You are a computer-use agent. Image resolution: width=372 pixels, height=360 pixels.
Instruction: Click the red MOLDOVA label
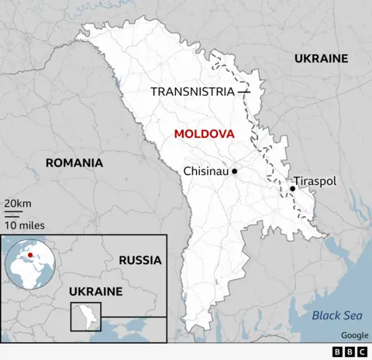pos(204,134)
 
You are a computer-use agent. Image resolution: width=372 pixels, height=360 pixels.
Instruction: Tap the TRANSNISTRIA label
pos(192,92)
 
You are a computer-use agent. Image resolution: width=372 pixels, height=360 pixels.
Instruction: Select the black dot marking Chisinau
pos(234,171)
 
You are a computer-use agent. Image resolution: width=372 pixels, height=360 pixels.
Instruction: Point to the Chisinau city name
pos(205,171)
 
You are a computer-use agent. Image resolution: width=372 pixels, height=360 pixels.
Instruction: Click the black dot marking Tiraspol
pos(293,188)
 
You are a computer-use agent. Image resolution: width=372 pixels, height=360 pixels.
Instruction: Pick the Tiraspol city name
pos(316,180)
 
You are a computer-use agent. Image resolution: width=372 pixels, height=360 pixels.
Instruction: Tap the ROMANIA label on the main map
pos(74,163)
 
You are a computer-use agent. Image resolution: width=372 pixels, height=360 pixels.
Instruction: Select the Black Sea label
pos(336,315)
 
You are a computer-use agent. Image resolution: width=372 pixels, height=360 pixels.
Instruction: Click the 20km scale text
pos(17,203)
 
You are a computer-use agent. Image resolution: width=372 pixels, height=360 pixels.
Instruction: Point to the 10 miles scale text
pos(24,225)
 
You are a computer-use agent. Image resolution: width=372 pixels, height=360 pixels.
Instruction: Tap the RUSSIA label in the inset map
pos(140,260)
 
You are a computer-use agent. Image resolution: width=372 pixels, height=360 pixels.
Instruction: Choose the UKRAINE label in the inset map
pos(96,291)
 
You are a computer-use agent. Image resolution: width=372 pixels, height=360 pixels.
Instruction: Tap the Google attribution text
pos(354,335)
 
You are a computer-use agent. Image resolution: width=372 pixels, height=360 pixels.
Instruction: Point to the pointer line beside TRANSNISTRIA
pos(244,92)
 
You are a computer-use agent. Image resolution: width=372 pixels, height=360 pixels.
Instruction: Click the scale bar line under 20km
pos(13,212)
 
